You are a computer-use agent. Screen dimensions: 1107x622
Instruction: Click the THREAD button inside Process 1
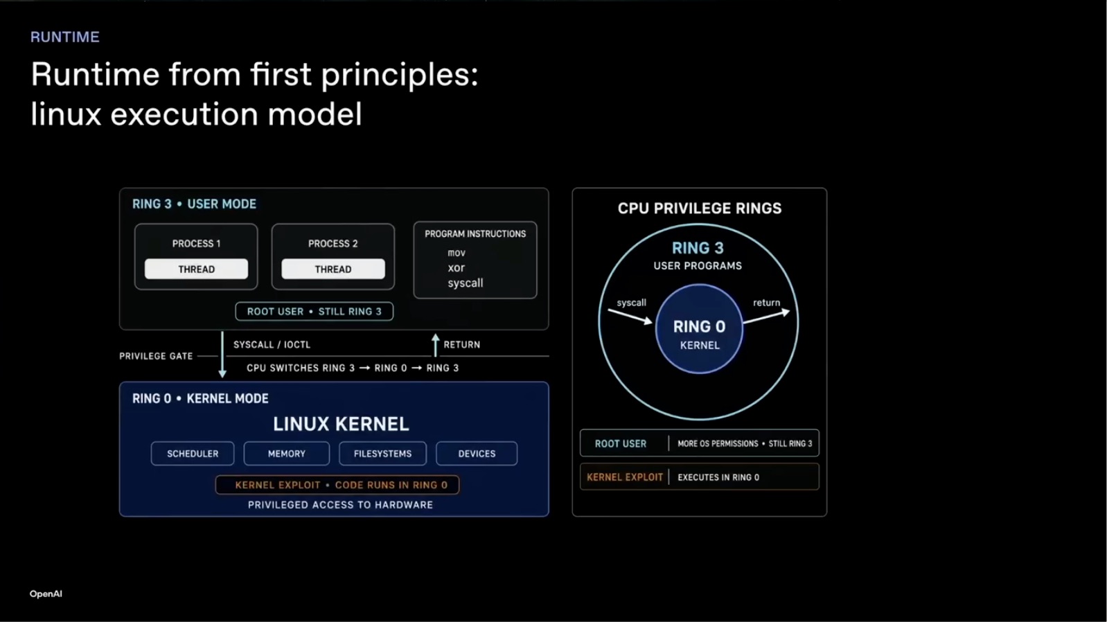tap(196, 269)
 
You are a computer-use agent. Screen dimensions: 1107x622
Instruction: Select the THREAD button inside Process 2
tap(333, 269)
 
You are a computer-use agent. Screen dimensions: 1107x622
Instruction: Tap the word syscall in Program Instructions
tap(465, 283)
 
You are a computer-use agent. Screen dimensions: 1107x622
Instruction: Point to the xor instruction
tap(456, 268)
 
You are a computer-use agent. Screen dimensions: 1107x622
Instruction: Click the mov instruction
tap(456, 253)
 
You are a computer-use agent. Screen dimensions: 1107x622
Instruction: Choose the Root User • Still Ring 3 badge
tap(315, 311)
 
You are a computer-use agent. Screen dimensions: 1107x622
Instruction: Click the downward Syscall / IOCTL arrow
tap(222, 355)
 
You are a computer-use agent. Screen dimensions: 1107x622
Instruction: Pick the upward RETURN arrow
tap(435, 345)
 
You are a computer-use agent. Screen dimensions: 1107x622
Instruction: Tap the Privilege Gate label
tap(156, 356)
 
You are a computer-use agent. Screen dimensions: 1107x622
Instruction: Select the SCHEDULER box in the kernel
tap(193, 454)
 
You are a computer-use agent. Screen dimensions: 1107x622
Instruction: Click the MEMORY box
tap(287, 454)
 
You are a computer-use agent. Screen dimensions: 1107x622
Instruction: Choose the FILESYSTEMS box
tap(382, 454)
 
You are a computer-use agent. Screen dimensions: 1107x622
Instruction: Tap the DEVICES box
tap(477, 454)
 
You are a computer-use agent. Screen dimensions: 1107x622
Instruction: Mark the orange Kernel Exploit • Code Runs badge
tap(337, 485)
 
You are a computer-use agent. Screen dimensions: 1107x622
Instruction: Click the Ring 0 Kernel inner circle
tap(699, 328)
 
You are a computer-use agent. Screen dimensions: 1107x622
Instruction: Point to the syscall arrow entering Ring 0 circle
tap(630, 317)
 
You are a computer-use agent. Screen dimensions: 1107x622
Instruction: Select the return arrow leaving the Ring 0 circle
tap(766, 317)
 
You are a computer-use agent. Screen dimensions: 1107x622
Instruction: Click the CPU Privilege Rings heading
tap(699, 208)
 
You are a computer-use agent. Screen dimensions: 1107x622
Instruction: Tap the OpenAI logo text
tap(46, 594)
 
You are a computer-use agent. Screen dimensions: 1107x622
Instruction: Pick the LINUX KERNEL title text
tap(341, 424)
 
